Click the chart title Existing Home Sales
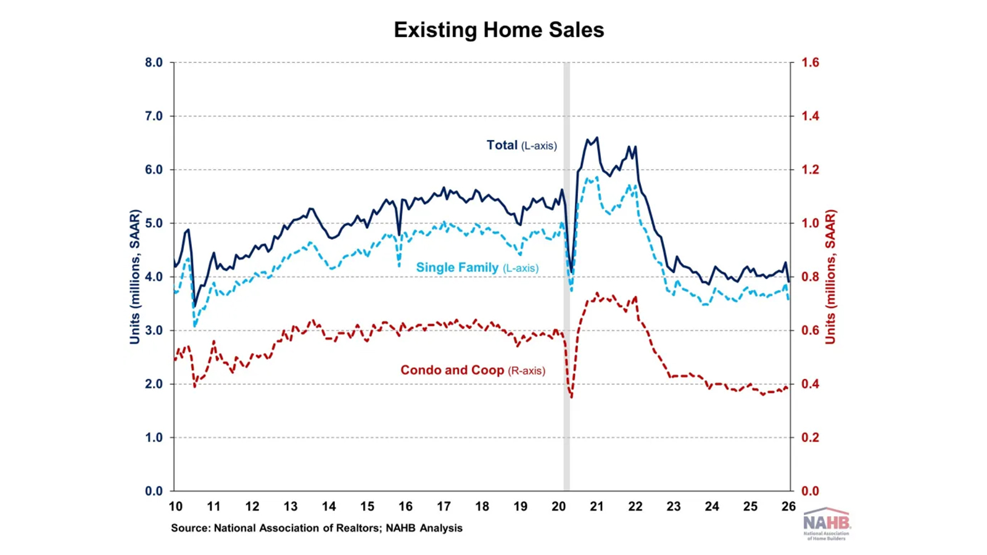pyautogui.click(x=498, y=30)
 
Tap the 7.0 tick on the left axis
pyautogui.click(x=154, y=116)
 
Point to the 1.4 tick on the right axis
pyautogui.click(x=810, y=116)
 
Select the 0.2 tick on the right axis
pyautogui.click(x=810, y=438)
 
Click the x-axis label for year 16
pyautogui.click(x=405, y=506)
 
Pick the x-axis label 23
pyautogui.click(x=674, y=506)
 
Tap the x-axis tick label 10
pyautogui.click(x=175, y=506)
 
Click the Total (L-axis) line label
pyautogui.click(x=521, y=146)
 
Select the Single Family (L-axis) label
pyautogui.click(x=477, y=268)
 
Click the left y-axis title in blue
pyautogui.click(x=134, y=277)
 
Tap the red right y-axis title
pyautogui.click(x=830, y=277)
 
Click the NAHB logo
pyautogui.click(x=827, y=524)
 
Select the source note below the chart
pyautogui.click(x=316, y=528)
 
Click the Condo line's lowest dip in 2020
pyautogui.click(x=572, y=397)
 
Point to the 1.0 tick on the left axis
pyautogui.click(x=154, y=438)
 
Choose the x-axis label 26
pyautogui.click(x=788, y=506)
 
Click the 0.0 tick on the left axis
pyautogui.click(x=154, y=491)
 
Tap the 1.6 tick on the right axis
pyautogui.click(x=810, y=62)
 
